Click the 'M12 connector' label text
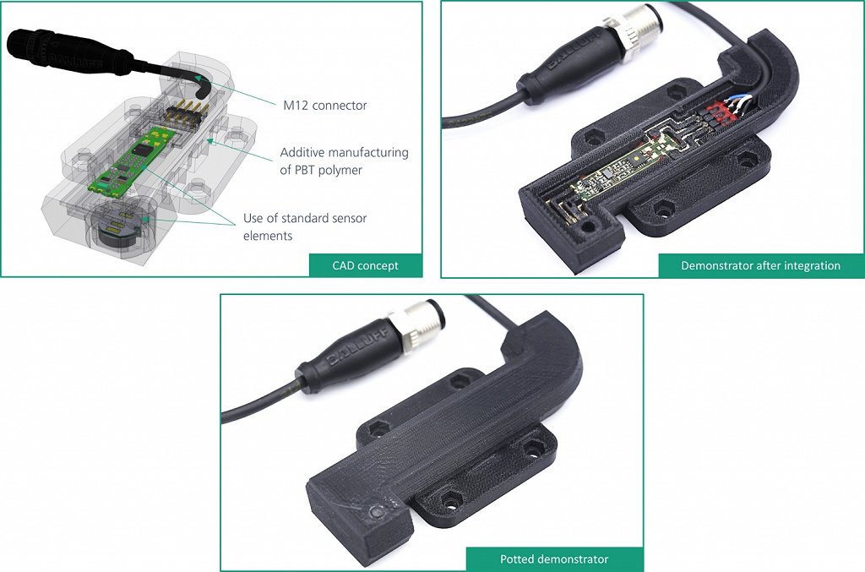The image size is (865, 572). coord(325,106)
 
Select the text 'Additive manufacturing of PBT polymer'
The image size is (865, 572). coord(344,161)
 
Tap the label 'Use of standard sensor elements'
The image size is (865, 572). coord(305,226)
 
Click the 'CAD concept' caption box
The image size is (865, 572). coord(365,265)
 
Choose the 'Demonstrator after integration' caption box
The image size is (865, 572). coord(760,265)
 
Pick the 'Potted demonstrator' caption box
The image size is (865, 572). coord(554,558)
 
